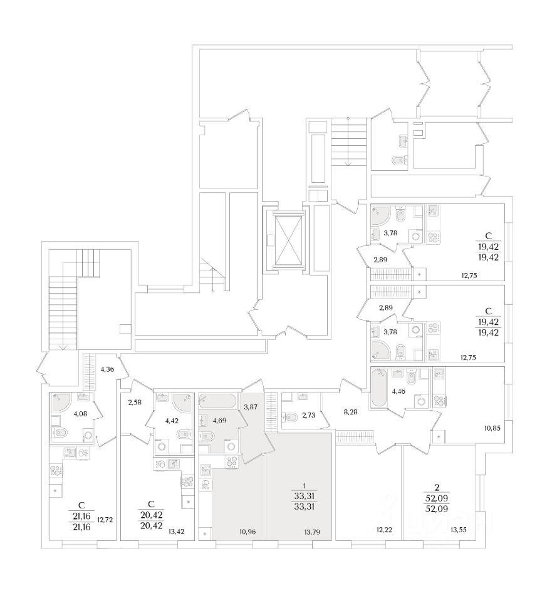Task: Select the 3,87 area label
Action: tap(251, 407)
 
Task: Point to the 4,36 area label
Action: tap(107, 369)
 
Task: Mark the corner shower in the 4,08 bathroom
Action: tap(61, 401)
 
